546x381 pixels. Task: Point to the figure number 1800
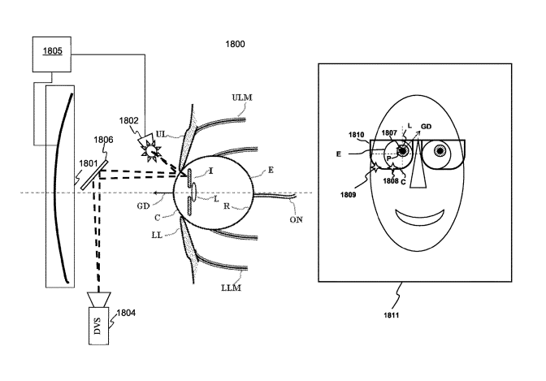(236, 42)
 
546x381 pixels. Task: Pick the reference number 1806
(103, 140)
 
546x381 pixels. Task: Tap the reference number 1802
(128, 120)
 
